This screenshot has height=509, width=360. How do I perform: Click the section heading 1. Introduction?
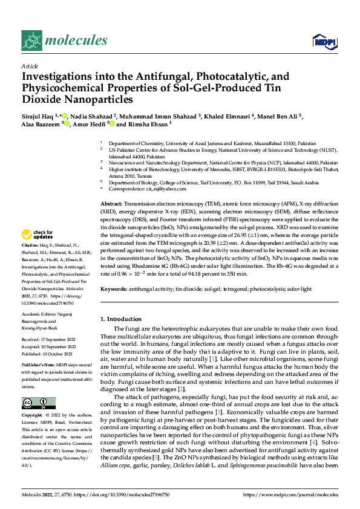tap(120, 319)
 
